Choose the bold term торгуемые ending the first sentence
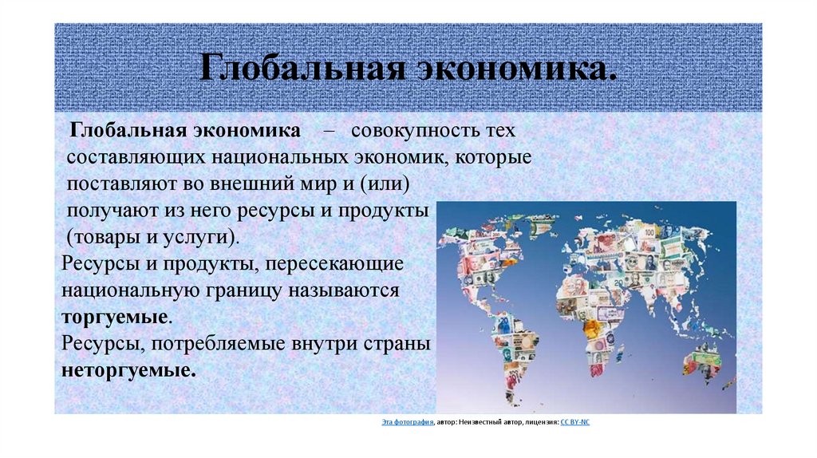[114, 318]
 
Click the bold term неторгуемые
[126, 371]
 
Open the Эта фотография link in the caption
[407, 422]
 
